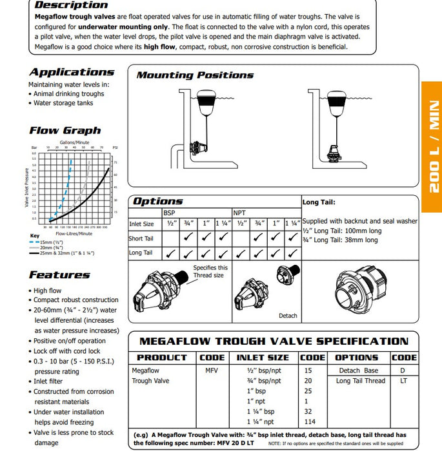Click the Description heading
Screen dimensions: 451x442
[x=71, y=5]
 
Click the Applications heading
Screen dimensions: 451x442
[x=72, y=72]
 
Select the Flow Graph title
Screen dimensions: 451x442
[x=65, y=130]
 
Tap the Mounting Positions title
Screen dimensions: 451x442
[x=195, y=75]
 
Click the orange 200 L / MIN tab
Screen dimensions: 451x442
[x=432, y=146]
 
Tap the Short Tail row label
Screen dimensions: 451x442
[x=141, y=238]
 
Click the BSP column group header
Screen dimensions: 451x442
[x=169, y=211]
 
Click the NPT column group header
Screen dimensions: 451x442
[x=239, y=211]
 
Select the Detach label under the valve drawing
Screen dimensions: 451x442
[x=288, y=316]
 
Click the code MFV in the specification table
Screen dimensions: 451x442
[x=212, y=370]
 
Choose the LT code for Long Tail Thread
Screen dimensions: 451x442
[x=404, y=381]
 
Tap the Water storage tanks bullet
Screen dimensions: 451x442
[x=63, y=102]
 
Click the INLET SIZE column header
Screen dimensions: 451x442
[x=263, y=357]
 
